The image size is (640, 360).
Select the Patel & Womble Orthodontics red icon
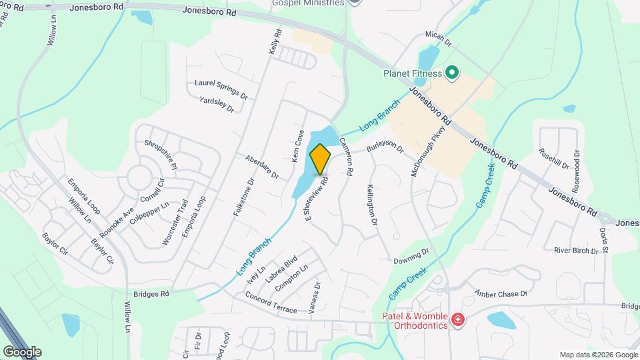point(457,321)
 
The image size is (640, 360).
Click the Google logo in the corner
point(22,351)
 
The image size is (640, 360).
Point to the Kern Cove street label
point(298,147)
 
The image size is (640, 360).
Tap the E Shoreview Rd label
point(316,198)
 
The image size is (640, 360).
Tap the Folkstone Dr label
point(243,196)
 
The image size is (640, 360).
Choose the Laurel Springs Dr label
point(221,89)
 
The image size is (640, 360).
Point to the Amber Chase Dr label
point(501,293)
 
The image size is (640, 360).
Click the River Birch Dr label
point(576,251)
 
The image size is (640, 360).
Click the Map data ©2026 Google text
point(597,355)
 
